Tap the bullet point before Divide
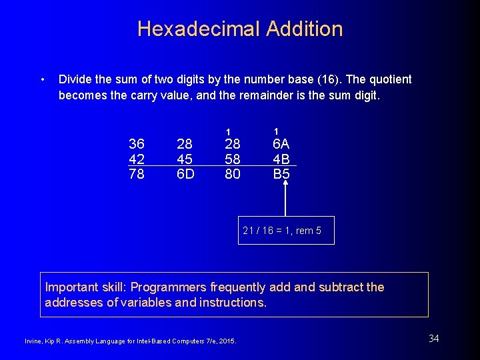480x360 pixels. coord(42,80)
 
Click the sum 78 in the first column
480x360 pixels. coord(137,174)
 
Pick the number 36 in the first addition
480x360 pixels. coord(137,145)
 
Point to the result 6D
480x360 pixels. coord(185,174)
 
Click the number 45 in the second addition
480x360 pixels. coord(185,159)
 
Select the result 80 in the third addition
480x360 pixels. coord(233,174)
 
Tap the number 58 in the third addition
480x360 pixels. coord(233,159)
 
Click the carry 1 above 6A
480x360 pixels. coord(276,131)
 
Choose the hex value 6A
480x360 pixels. coord(281,145)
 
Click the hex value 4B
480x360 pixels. coord(281,159)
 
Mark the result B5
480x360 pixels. coord(281,174)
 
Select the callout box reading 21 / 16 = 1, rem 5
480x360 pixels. coord(286,231)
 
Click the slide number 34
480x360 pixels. coord(433,339)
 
